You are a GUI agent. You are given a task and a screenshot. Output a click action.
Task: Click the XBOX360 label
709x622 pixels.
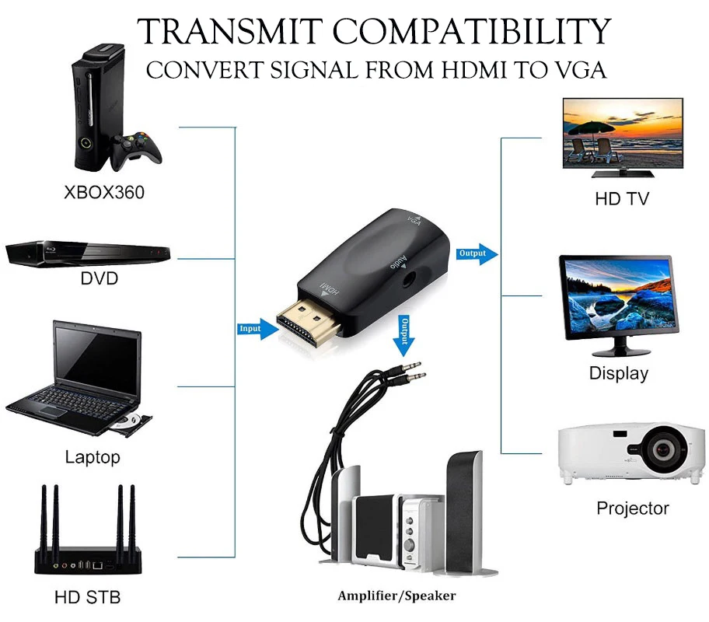coord(103,192)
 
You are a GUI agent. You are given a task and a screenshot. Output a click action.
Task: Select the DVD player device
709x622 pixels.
coord(87,253)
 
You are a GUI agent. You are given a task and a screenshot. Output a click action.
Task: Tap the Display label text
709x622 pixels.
coord(618,373)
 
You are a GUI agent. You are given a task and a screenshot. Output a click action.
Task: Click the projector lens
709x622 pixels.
coord(663,449)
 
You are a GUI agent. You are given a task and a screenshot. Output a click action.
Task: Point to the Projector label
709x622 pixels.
coord(632,508)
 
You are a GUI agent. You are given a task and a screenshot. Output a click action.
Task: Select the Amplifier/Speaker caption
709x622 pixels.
coord(396,596)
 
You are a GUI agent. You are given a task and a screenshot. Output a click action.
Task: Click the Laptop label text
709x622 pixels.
coord(93,457)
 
